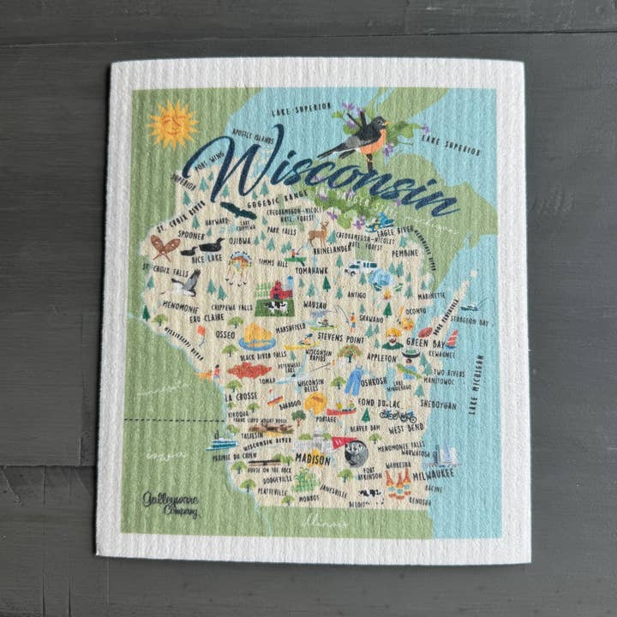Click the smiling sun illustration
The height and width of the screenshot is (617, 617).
[x=172, y=124]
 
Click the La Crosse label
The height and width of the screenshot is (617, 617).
[x=241, y=397]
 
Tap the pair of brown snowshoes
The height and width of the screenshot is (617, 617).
[x=165, y=247]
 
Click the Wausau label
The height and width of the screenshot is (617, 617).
[x=314, y=303]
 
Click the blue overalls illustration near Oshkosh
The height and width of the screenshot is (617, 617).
[x=353, y=380]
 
